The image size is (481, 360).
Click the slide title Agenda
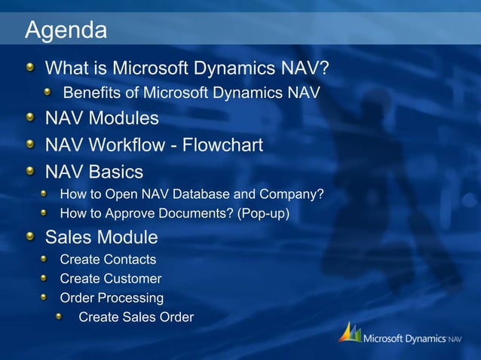pyautogui.click(x=66, y=31)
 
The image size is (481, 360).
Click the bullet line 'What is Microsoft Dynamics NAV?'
pyautogui.click(x=187, y=69)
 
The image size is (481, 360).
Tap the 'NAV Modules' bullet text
pyautogui.click(x=102, y=118)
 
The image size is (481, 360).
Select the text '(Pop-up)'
pyautogui.click(x=263, y=214)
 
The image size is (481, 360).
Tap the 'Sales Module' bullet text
pyautogui.click(x=102, y=237)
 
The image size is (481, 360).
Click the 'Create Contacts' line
pyautogui.click(x=108, y=260)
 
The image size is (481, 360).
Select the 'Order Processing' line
pyautogui.click(x=112, y=297)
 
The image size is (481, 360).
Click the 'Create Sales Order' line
pyautogui.click(x=136, y=317)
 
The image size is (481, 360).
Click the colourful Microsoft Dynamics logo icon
pyautogui.click(x=349, y=333)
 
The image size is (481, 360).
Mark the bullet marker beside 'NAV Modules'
pyautogui.click(x=29, y=118)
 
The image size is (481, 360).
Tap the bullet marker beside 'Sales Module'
pyautogui.click(x=29, y=238)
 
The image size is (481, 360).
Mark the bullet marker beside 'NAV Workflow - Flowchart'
pyautogui.click(x=29, y=145)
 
